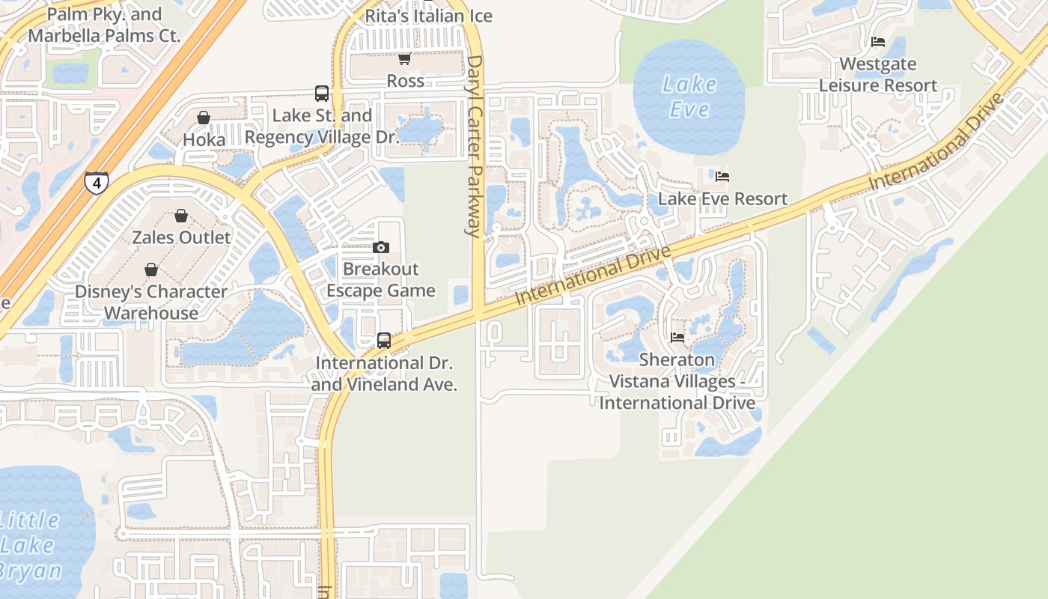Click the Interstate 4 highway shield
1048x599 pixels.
[96, 182]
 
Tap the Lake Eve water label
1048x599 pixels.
[689, 97]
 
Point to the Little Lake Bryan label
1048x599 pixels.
[31, 544]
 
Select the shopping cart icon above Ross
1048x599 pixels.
[404, 59]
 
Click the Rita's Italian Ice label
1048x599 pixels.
[428, 16]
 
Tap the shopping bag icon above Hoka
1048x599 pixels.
[204, 118]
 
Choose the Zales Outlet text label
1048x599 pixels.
[181, 237]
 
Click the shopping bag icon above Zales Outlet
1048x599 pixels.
[181, 216]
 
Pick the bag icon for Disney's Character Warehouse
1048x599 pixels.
[151, 270]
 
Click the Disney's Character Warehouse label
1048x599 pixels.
[151, 302]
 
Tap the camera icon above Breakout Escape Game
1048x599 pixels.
[381, 247]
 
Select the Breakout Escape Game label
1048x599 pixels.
[381, 280]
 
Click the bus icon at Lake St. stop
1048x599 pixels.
[322, 94]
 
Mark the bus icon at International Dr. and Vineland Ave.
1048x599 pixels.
[384, 341]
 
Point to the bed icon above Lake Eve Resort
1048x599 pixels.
[722, 177]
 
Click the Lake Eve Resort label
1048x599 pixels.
[722, 199]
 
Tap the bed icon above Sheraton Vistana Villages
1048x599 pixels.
[677, 338]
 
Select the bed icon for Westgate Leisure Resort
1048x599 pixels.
[878, 42]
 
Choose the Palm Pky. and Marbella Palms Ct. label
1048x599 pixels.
[104, 25]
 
